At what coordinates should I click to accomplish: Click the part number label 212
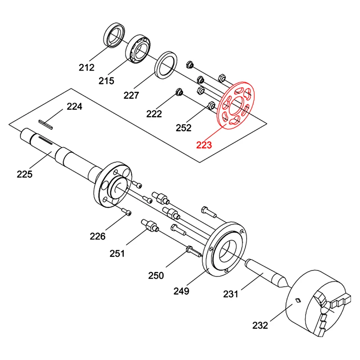pos(86,67)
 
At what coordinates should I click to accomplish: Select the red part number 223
pos(203,144)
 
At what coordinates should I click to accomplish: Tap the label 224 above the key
pos(75,107)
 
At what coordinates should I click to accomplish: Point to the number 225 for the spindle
pos(25,174)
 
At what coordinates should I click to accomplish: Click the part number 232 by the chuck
pos(260,324)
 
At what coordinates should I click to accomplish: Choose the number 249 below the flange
pos(181,291)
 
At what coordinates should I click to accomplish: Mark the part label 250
pos(156,275)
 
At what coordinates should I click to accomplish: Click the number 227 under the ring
pos(131,95)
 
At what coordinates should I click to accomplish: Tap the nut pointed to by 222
pos(179,93)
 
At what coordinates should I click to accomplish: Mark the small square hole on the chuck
pos(297,300)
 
